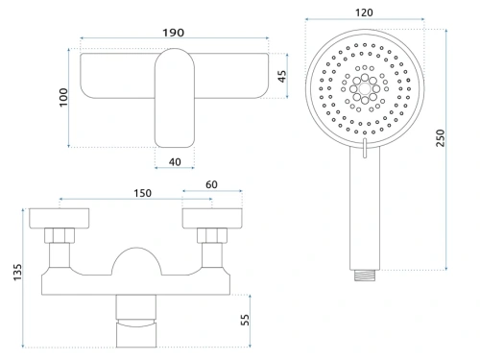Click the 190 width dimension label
(x=174, y=33)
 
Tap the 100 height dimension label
(x=63, y=97)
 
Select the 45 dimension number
(x=282, y=76)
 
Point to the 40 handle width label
(x=175, y=162)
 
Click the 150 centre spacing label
(x=142, y=193)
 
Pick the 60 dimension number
(x=211, y=184)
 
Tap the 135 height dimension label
(x=17, y=273)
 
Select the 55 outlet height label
(x=245, y=320)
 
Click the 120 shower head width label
(x=364, y=12)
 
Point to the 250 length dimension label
(x=441, y=138)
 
